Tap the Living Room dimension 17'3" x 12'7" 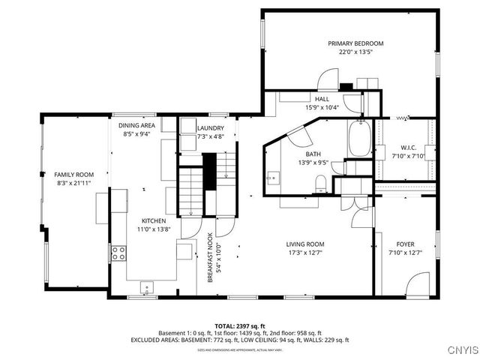click(305, 253)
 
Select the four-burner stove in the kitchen click(118, 253)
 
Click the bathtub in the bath click(359, 139)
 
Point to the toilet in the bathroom click(321, 183)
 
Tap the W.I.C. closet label click(408, 148)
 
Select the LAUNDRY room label click(210, 128)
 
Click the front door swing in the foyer click(416, 284)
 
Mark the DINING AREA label click(138, 124)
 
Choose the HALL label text click(322, 99)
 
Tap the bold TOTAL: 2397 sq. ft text click(239, 326)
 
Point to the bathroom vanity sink click(272, 178)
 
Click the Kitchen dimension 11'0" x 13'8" click(154, 230)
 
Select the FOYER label click(406, 244)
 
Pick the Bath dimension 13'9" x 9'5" click(313, 162)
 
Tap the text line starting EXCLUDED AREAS click(239, 340)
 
